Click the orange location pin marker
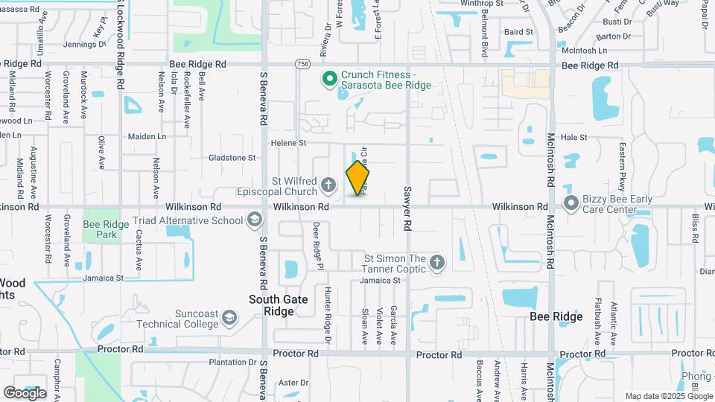click(x=358, y=178)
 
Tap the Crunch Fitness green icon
click(x=328, y=78)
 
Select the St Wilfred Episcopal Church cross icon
click(x=328, y=183)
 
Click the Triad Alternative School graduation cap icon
click(x=255, y=220)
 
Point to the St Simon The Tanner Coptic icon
click(x=436, y=262)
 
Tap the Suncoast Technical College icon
click(x=230, y=319)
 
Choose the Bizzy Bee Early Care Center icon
click(x=571, y=202)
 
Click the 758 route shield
click(x=302, y=65)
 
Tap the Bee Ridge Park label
click(x=101, y=229)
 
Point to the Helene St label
click(x=288, y=142)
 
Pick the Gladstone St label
click(x=232, y=158)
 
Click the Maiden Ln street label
click(x=147, y=136)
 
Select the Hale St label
click(x=573, y=137)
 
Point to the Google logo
click(x=25, y=392)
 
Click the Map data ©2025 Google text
click(x=667, y=396)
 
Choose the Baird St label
click(x=518, y=32)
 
